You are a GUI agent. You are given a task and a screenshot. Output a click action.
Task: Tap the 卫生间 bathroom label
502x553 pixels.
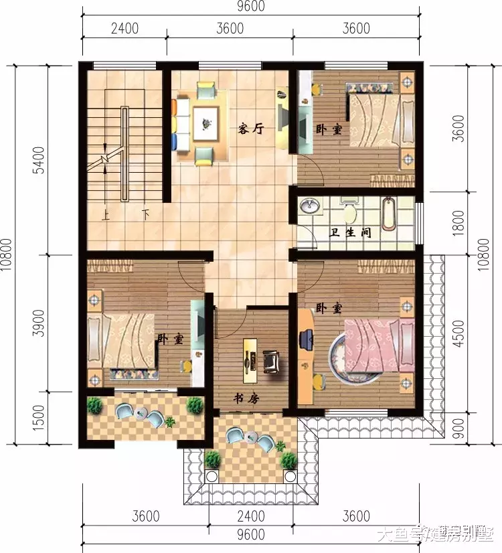click(x=351, y=234)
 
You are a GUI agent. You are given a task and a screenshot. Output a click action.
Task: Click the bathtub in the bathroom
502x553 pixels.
click(x=389, y=212)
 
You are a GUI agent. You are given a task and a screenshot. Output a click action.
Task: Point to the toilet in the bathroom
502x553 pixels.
click(x=349, y=212)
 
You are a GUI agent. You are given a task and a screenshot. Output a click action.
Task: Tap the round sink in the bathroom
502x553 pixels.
click(x=309, y=206)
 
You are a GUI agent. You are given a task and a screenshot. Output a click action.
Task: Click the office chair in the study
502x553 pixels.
click(x=272, y=360)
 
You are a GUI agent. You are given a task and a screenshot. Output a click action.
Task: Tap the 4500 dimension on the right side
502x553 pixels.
click(x=458, y=333)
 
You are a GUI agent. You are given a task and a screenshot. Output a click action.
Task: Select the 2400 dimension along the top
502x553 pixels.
click(x=124, y=28)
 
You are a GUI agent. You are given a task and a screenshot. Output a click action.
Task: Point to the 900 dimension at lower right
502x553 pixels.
click(x=458, y=429)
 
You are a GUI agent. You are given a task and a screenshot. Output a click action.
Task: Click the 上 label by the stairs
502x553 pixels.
click(x=105, y=216)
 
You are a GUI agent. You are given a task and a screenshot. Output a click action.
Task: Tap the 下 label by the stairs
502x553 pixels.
click(x=145, y=216)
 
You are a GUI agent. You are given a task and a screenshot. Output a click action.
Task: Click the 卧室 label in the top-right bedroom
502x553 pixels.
click(x=329, y=129)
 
